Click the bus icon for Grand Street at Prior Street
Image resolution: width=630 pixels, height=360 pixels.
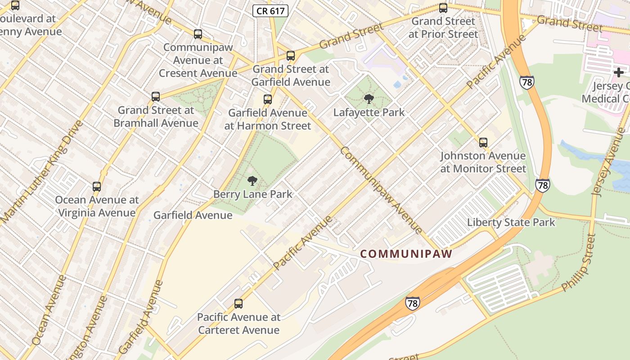443,8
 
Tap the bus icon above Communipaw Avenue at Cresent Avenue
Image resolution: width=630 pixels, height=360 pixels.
198,34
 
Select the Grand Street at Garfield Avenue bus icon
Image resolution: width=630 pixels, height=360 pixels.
291,56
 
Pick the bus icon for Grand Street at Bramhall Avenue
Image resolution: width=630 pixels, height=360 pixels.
156,97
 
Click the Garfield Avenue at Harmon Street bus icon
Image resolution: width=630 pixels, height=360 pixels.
268,99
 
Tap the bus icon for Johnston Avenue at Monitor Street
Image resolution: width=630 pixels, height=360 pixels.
483,143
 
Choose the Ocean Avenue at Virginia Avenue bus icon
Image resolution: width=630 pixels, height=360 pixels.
97,187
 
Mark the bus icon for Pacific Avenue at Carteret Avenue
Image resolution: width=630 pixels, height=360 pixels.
238,304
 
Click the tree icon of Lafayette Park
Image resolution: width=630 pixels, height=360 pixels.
369,99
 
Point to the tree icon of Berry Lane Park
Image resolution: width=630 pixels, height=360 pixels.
252,181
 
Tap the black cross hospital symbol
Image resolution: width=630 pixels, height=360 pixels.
619,72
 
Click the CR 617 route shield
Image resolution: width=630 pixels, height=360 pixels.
270,11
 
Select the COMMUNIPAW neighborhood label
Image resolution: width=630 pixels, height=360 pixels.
406,254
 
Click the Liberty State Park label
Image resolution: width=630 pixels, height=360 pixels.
511,222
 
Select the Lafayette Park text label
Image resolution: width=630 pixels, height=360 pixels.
369,112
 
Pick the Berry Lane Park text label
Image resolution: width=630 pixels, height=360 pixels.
253,194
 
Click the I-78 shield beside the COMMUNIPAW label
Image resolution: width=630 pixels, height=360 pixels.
412,303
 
